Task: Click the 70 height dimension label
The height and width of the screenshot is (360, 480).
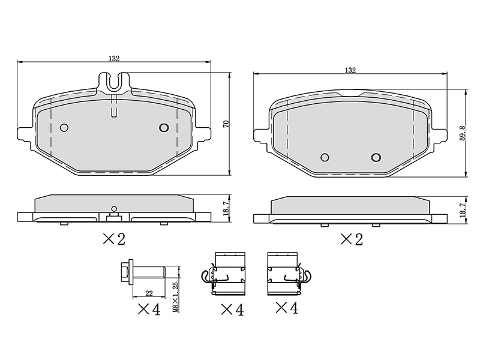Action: click(227, 124)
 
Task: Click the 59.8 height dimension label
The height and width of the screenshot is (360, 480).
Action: click(463, 133)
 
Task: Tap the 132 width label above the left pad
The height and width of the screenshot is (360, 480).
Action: click(114, 58)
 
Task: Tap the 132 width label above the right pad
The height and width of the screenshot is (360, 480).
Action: click(350, 70)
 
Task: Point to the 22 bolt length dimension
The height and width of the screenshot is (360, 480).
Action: click(149, 293)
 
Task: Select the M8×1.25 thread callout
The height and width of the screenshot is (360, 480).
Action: click(175, 297)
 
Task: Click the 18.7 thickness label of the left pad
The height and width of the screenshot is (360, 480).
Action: click(226, 208)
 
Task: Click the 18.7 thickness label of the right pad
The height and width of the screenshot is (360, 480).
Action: click(463, 209)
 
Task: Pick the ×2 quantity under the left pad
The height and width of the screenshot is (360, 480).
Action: click(114, 239)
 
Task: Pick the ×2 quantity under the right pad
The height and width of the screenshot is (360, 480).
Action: click(352, 239)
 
